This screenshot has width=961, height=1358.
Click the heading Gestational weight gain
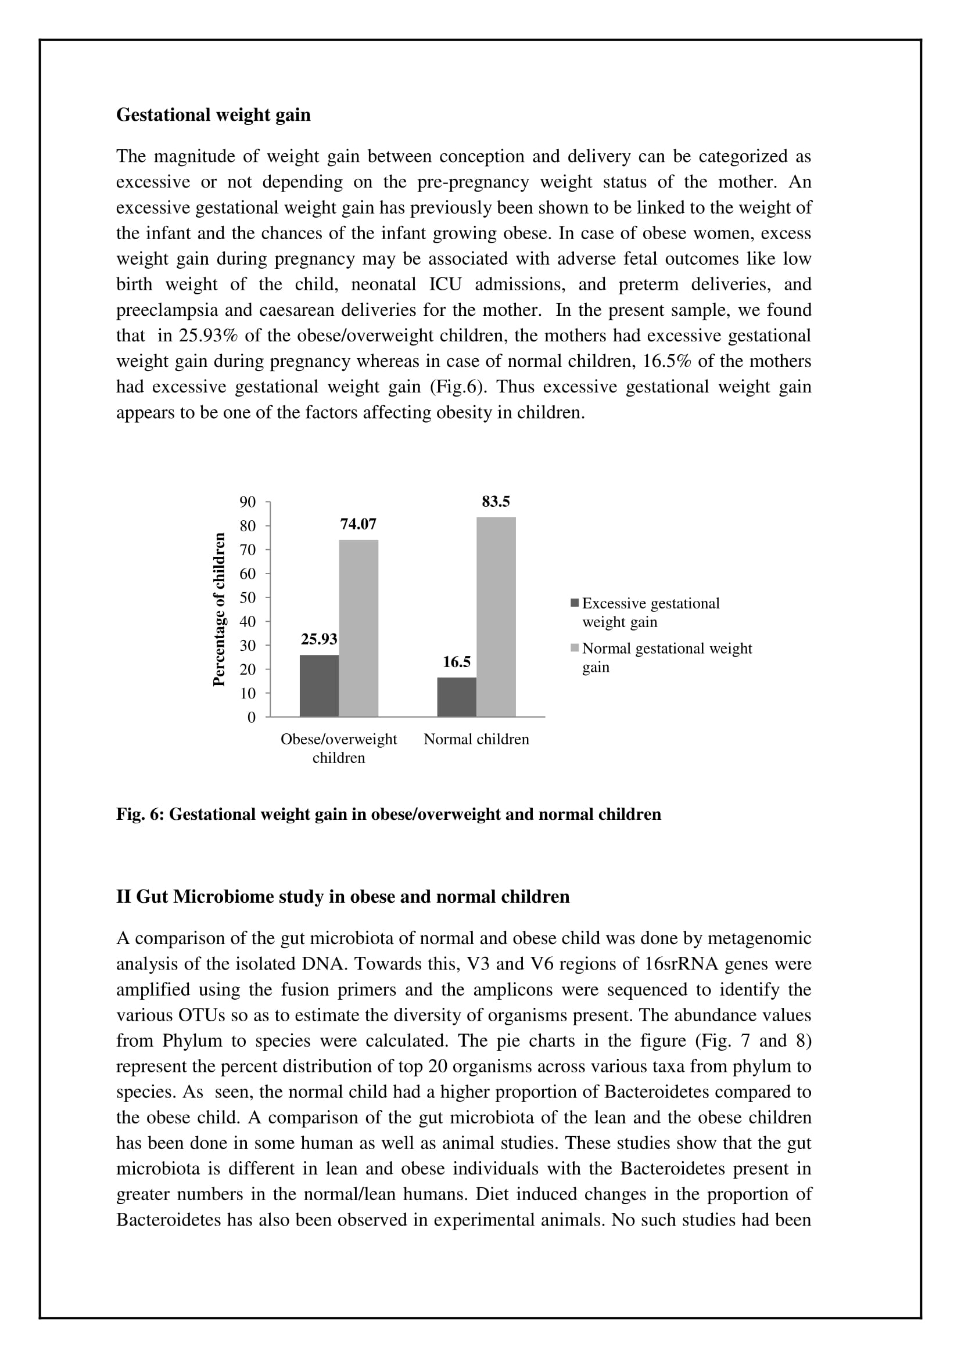click(213, 115)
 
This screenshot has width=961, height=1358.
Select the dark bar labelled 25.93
click(319, 686)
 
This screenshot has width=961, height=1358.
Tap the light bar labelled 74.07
click(358, 628)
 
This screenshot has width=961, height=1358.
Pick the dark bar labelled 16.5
click(456, 697)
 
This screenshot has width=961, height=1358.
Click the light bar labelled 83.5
click(496, 617)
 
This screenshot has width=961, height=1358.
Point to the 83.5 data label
click(496, 502)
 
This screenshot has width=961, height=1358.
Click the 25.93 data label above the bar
click(319, 639)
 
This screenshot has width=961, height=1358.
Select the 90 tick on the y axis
click(248, 502)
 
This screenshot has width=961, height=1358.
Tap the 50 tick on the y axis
click(248, 598)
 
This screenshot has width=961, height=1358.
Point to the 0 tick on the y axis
click(252, 718)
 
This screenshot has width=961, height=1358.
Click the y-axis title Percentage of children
click(219, 609)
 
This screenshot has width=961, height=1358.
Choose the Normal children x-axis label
click(476, 739)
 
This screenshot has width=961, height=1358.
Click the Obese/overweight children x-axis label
click(339, 748)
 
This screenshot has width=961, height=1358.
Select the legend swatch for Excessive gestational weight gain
click(575, 603)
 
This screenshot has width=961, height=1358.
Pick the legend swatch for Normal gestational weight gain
click(575, 649)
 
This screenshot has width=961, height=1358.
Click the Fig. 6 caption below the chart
click(388, 815)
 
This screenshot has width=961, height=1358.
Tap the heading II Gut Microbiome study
click(343, 896)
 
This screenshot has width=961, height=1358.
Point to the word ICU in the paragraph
click(446, 284)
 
